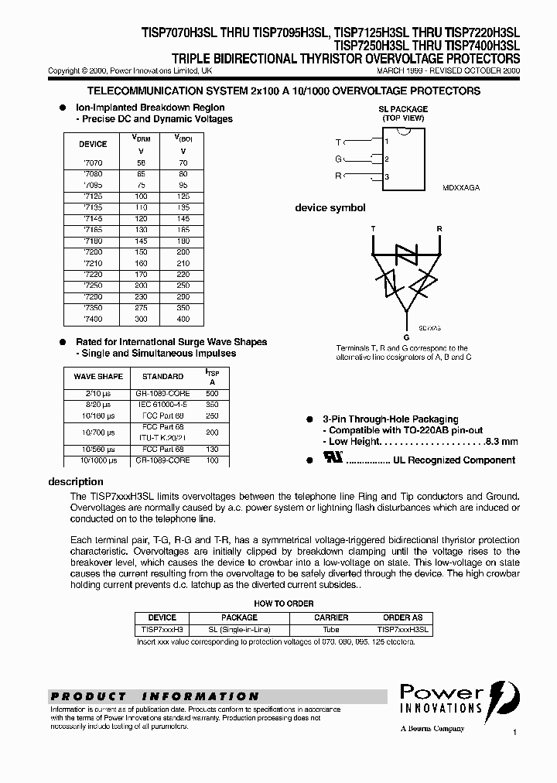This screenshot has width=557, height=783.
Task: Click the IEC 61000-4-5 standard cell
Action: pyautogui.click(x=162, y=404)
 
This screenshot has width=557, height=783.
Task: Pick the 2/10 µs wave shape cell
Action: pyautogui.click(x=98, y=393)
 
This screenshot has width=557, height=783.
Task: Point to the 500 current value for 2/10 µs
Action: pyautogui.click(x=213, y=393)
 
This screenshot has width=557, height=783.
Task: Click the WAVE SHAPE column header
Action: pyautogui.click(x=98, y=377)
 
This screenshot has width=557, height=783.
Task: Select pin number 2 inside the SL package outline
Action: pyautogui.click(x=387, y=159)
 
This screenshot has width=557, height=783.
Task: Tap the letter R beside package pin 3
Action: pyautogui.click(x=338, y=176)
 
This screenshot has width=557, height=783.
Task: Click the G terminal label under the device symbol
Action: pyautogui.click(x=407, y=338)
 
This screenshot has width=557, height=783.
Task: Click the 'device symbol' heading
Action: pyautogui.click(x=330, y=208)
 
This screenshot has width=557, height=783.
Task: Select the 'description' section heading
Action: pyautogui.click(x=76, y=482)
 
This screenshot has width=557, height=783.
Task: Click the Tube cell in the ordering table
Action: pyautogui.click(x=331, y=631)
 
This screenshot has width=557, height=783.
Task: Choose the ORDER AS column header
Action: pyautogui.click(x=403, y=617)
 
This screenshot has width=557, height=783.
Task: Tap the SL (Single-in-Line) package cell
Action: pyautogui.click(x=240, y=631)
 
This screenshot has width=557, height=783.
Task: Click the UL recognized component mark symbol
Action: pyautogui.click(x=335, y=460)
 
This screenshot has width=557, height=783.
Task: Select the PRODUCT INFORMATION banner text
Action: pyautogui.click(x=155, y=696)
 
